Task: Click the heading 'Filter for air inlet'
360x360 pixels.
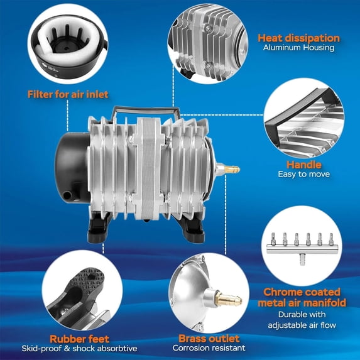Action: pos(68,94)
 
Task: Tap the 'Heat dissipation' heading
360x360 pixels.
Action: pos(298,38)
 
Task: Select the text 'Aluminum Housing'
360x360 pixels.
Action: pos(298,48)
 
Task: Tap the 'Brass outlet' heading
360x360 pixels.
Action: pos(209,337)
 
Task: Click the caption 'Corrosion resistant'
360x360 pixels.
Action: pos(209,348)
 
